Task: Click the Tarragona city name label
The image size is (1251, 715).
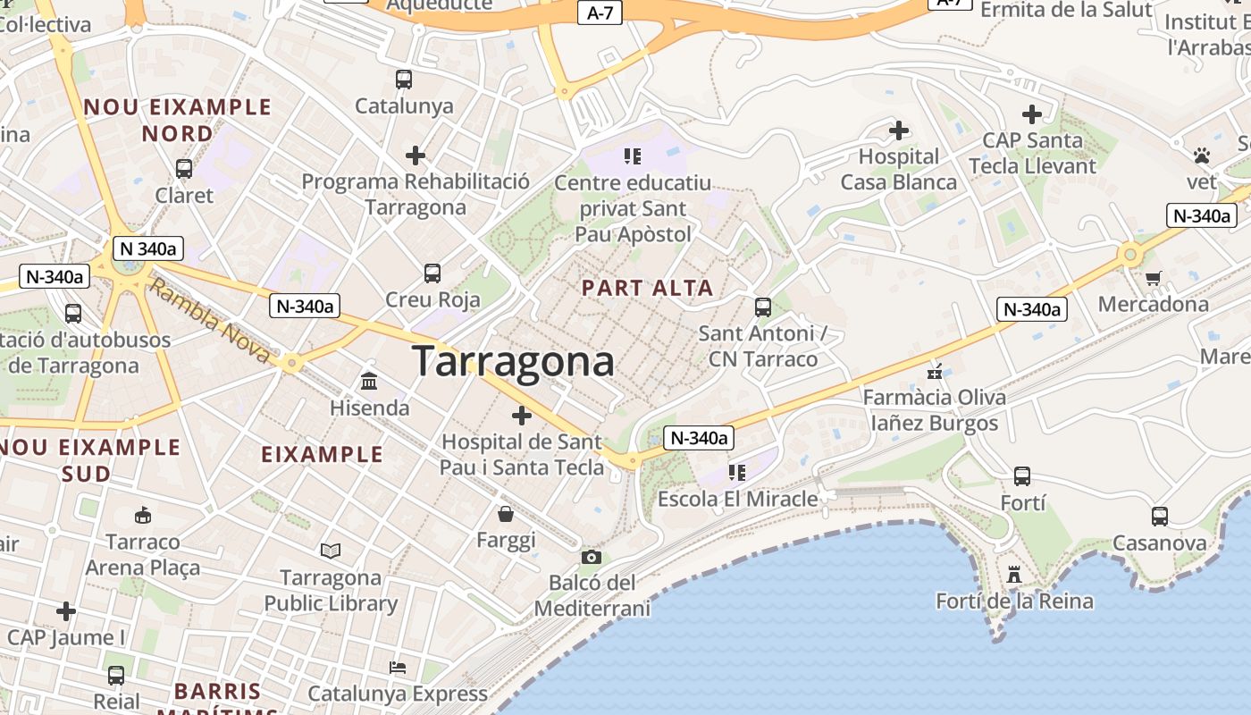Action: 513,362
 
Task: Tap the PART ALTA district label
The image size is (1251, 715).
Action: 648,288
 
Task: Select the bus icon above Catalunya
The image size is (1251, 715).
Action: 404,80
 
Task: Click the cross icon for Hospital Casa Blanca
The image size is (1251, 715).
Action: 899,131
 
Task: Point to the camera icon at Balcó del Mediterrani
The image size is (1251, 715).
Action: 591,558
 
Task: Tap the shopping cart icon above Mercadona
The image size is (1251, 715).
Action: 1153,278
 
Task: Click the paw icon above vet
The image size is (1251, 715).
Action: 1202,156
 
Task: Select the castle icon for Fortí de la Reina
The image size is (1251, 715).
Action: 1014,575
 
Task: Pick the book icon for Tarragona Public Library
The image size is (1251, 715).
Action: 331,551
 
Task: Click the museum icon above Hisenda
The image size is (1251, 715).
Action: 369,382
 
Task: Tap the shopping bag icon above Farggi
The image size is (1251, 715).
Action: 506,514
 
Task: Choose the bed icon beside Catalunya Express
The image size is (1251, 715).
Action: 398,668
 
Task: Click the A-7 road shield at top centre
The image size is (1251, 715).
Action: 600,13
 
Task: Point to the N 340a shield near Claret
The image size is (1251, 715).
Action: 148,248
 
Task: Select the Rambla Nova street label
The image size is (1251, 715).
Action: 207,321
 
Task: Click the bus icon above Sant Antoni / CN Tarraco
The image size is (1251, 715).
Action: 763,307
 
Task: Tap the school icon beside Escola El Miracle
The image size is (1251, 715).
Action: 737,473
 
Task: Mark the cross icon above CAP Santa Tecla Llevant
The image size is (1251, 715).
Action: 1032,114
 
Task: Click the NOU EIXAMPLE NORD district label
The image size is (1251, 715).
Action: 177,120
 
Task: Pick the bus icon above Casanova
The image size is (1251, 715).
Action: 1160,517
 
